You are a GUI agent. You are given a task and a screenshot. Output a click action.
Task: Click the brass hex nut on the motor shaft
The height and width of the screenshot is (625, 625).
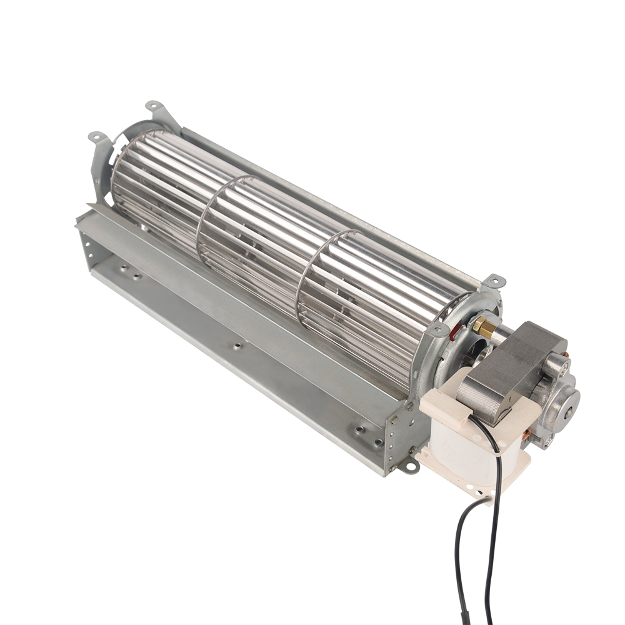click(x=482, y=325)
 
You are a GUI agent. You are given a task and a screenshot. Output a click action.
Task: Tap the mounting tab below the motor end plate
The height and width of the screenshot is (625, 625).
click(x=409, y=465)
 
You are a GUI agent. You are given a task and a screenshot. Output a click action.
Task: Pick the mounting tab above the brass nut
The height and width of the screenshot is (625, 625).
click(x=494, y=281)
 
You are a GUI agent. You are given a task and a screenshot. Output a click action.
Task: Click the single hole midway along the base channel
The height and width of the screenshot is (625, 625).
click(x=237, y=345)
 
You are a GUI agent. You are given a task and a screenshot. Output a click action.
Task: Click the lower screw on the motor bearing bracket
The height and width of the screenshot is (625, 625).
click(x=550, y=440)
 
